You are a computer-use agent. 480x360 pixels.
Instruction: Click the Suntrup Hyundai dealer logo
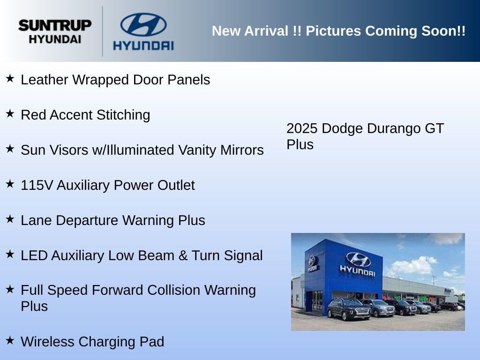55,31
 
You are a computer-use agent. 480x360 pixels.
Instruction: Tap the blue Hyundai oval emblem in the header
143,24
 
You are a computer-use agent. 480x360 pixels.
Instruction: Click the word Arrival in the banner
266,31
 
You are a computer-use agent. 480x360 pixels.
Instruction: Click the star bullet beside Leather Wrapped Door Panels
10,78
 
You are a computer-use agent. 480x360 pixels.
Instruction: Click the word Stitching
123,115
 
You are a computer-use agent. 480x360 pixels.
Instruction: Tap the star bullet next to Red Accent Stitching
10,113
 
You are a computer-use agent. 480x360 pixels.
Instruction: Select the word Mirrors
242,150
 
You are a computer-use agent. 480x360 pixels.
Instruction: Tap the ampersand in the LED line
183,255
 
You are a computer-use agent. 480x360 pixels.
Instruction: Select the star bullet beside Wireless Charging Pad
10,340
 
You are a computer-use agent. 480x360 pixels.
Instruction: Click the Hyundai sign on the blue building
358,265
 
